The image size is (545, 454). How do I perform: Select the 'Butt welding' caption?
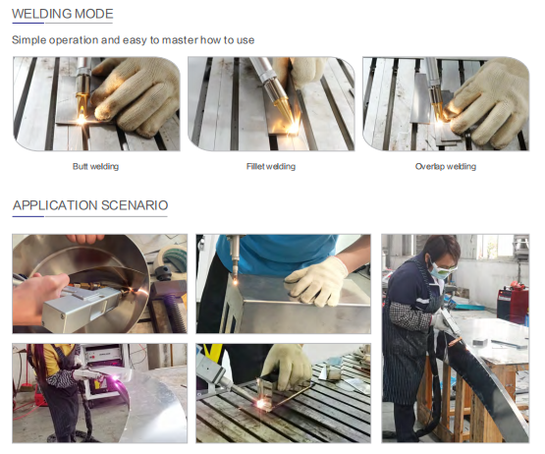click(x=95, y=166)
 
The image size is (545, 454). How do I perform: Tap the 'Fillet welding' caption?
click(x=271, y=166)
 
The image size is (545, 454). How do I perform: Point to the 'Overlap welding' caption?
click(x=446, y=166)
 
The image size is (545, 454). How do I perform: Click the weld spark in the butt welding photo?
click(x=82, y=120)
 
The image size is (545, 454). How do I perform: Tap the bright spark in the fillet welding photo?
click(x=294, y=127)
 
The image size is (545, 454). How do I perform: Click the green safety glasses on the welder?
click(x=443, y=270)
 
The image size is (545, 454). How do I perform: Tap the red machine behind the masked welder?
click(x=512, y=302)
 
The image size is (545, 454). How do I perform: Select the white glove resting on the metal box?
click(x=318, y=282)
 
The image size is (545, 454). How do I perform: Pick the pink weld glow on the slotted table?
click(x=260, y=404)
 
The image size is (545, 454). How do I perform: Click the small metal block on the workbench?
click(x=479, y=343)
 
